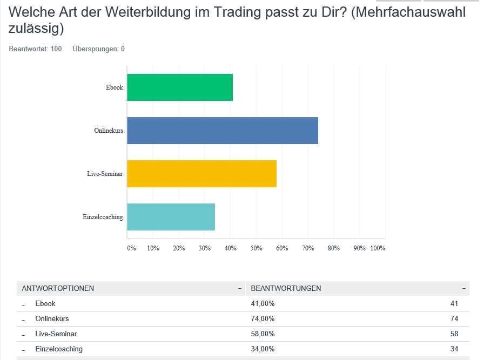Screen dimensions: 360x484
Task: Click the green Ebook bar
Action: (180, 87)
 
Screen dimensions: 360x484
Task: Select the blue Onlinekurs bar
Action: (223, 131)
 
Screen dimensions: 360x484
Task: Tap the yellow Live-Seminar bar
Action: (201, 174)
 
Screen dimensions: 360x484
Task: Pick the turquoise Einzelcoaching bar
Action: (171, 217)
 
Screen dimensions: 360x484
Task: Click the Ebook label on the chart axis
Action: (115, 87)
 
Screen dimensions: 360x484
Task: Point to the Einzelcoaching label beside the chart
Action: (103, 217)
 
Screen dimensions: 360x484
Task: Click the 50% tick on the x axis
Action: (256, 248)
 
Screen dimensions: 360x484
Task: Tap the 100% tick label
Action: (378, 248)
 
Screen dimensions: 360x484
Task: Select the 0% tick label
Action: (131, 248)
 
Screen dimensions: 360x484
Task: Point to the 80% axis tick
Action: (333, 248)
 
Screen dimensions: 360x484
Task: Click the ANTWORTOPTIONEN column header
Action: (58, 288)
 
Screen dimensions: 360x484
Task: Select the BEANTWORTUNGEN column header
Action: (286, 288)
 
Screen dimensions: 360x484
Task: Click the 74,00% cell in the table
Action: (263, 318)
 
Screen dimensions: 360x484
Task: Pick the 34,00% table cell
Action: (263, 349)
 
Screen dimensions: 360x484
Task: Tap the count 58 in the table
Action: (454, 334)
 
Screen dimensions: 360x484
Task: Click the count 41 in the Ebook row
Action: (454, 303)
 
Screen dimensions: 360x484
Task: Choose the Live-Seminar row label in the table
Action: (56, 334)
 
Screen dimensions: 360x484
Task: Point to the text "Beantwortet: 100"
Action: (35, 49)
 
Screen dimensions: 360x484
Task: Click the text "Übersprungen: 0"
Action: (98, 49)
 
